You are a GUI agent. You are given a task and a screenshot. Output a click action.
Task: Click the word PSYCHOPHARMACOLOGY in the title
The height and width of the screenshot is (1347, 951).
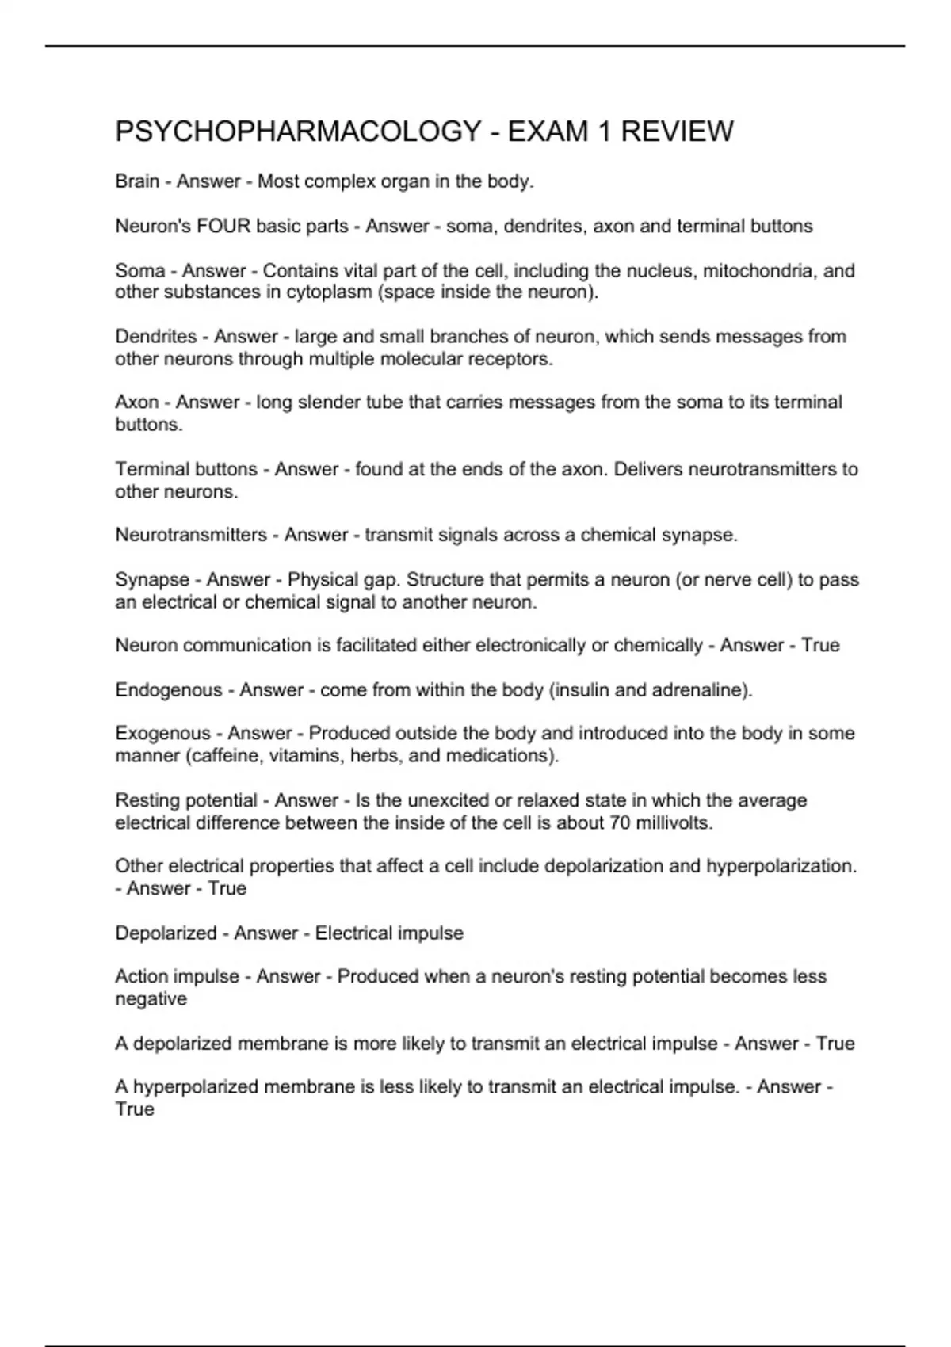(x=298, y=132)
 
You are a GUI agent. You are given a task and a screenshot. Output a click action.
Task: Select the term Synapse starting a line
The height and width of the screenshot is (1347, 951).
(x=152, y=580)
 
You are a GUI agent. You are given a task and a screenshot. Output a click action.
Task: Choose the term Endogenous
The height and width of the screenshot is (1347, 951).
(x=169, y=690)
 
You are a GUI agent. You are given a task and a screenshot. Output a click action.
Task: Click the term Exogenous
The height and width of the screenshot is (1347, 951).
(x=162, y=734)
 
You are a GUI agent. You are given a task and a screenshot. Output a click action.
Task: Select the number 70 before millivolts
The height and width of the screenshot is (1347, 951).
(x=620, y=823)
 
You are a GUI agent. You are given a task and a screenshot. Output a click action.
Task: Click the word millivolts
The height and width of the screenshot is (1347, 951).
(x=674, y=823)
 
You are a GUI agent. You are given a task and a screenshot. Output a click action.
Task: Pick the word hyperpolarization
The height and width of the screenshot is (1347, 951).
(x=781, y=866)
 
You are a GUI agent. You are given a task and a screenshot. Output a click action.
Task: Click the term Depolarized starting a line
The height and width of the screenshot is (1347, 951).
(x=166, y=933)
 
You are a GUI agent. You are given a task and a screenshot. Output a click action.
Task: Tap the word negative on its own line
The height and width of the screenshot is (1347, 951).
(x=151, y=999)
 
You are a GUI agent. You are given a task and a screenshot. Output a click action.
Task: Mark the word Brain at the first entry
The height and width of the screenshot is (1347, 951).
(x=137, y=182)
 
